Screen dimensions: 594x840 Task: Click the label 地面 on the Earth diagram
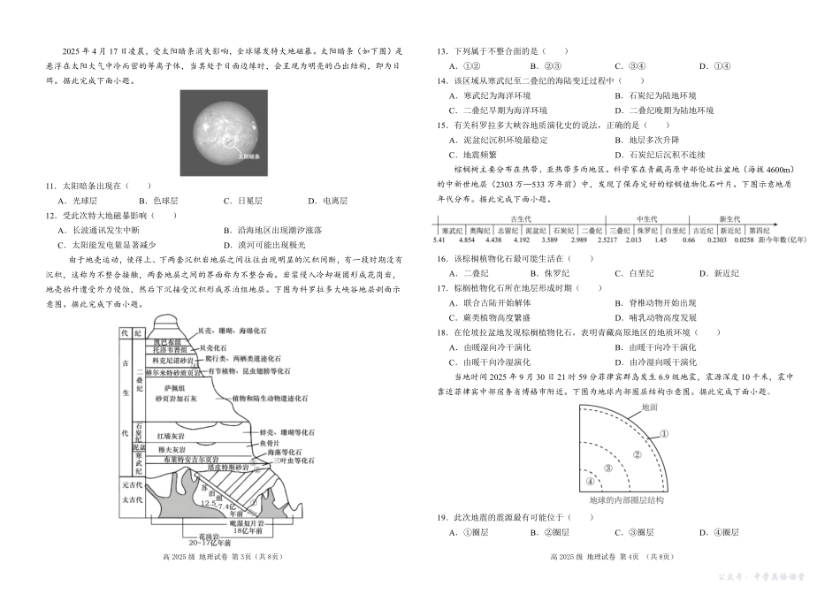649,407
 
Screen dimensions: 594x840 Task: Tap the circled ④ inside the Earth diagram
591,482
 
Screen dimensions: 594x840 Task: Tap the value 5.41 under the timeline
439,240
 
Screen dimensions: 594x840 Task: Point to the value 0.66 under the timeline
689,240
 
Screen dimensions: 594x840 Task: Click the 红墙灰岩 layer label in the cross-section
170,436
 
